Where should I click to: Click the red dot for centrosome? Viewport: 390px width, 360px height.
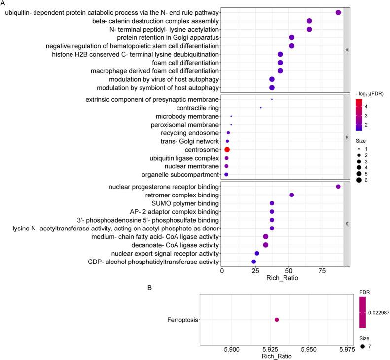(x=227, y=149)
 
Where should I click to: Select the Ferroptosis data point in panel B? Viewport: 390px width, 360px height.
(x=277, y=320)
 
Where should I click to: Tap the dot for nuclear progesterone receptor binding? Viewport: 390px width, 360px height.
(x=338, y=187)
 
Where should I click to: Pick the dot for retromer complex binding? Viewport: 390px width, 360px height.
(x=292, y=195)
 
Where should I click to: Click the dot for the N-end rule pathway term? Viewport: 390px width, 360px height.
(x=338, y=12)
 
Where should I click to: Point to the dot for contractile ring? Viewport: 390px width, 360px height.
(x=261, y=107)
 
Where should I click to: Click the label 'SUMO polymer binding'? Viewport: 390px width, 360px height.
(x=184, y=203)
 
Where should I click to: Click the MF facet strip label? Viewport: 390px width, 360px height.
(x=347, y=224)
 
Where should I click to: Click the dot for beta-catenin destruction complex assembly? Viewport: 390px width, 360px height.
(x=309, y=21)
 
